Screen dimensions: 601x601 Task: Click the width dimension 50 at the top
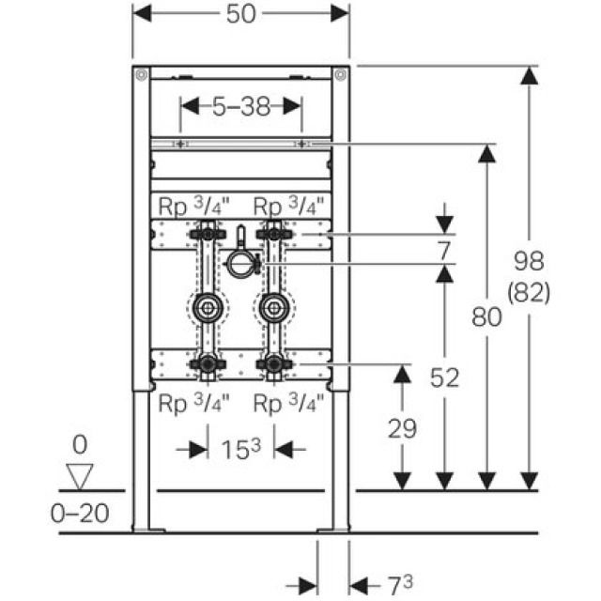click(239, 15)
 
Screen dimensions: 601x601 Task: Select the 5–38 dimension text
click(239, 106)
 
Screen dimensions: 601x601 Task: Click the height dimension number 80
click(486, 318)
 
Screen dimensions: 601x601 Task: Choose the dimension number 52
click(444, 378)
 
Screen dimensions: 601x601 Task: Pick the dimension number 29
click(402, 429)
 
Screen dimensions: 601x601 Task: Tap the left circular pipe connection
click(207, 306)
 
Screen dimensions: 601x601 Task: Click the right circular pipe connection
click(274, 306)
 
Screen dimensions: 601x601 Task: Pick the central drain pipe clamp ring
click(240, 265)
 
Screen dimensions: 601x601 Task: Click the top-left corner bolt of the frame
click(140, 75)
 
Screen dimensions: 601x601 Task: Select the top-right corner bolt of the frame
click(340, 75)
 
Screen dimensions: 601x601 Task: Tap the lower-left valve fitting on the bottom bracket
click(207, 363)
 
